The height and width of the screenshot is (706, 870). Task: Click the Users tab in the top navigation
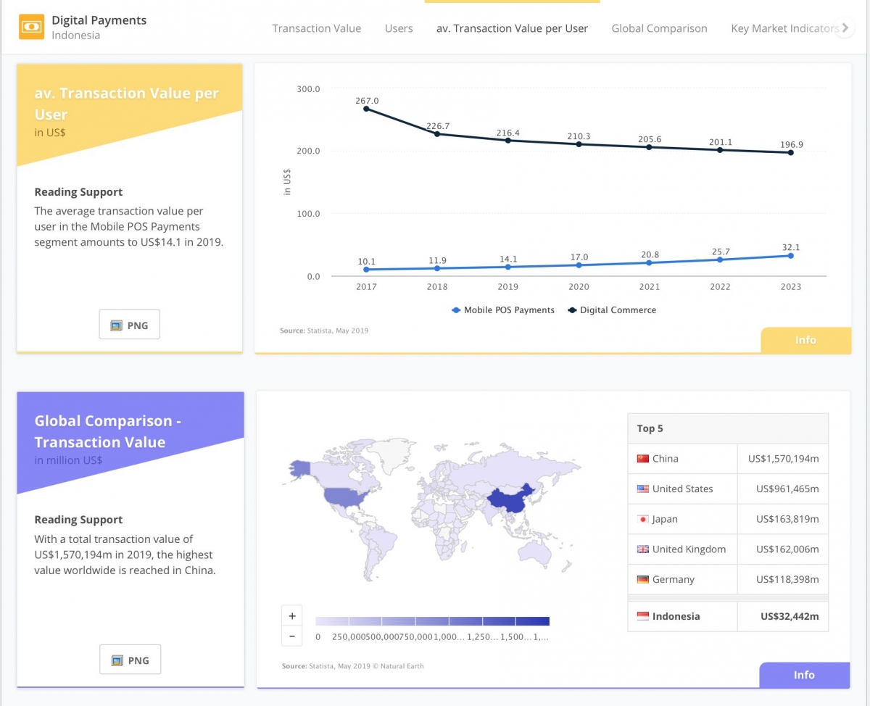coord(399,28)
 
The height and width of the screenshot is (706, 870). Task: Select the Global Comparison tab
coord(659,28)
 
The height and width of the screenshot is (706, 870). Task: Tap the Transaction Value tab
coord(317,28)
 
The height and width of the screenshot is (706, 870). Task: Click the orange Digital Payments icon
coord(31,27)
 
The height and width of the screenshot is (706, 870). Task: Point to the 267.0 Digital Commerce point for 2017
coord(366,109)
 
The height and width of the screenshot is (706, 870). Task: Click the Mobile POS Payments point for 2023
coord(791,256)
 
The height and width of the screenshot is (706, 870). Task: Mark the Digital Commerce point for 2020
coord(579,144)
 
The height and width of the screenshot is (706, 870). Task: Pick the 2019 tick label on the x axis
coord(507,286)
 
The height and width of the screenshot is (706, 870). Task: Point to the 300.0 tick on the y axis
coord(308,89)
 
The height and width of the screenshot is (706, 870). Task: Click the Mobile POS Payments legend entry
coord(503,310)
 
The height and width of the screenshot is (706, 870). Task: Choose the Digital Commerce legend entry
coord(612,310)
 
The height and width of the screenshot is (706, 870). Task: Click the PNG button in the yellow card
coord(130,325)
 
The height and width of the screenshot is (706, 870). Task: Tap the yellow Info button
coord(806,340)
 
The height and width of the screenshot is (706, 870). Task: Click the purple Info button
coord(805,675)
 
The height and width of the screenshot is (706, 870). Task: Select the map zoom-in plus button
coord(292,616)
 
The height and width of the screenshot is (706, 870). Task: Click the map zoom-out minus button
coord(292,636)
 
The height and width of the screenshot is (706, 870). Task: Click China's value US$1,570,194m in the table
coord(784,459)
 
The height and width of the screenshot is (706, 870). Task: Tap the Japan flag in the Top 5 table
coord(642,519)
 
